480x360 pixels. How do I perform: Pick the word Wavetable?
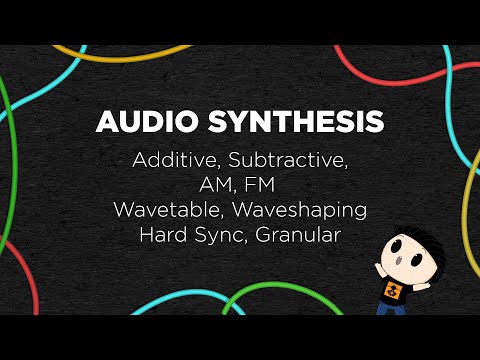click(163, 211)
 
